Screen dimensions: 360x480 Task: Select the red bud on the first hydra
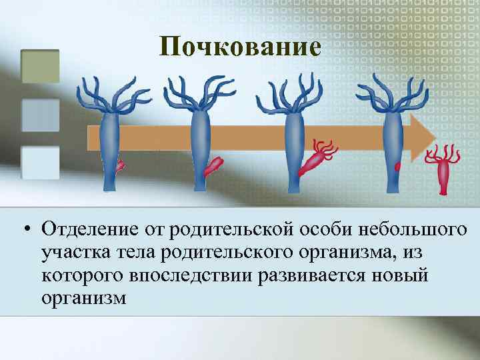(121, 164)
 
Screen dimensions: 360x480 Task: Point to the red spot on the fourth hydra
(398, 166)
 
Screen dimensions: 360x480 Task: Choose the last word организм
(83, 298)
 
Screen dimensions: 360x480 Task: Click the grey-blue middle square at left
(41, 115)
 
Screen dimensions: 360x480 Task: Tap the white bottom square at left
(41, 163)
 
